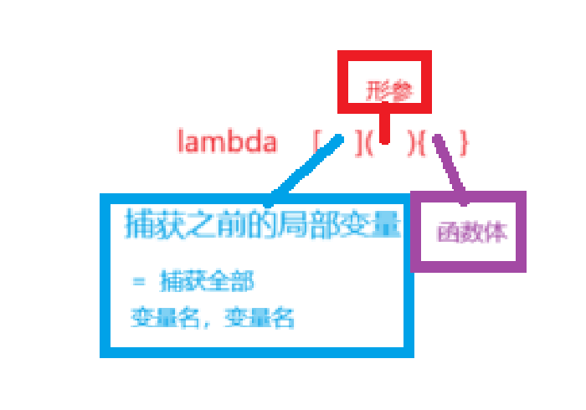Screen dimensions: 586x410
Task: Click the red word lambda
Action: tap(227, 141)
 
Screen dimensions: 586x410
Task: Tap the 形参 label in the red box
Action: tap(389, 91)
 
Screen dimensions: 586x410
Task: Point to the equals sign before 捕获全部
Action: tap(139, 281)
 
